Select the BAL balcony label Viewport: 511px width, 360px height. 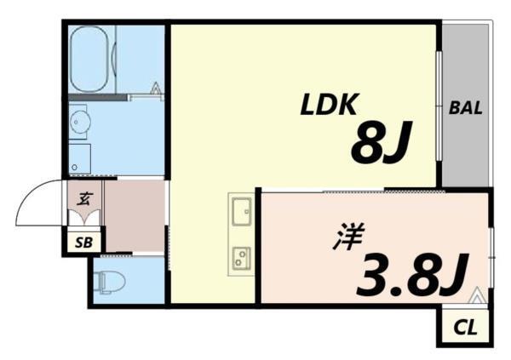pyautogui.click(x=466, y=109)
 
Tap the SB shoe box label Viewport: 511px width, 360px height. pyautogui.click(x=85, y=243)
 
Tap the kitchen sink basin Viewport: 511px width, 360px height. pyautogui.click(x=241, y=209)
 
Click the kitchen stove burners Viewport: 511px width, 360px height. pyautogui.click(x=241, y=254)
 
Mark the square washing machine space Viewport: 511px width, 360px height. pyautogui.click(x=80, y=158)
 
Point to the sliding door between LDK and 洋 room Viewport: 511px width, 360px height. pyautogui.click(x=383, y=191)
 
